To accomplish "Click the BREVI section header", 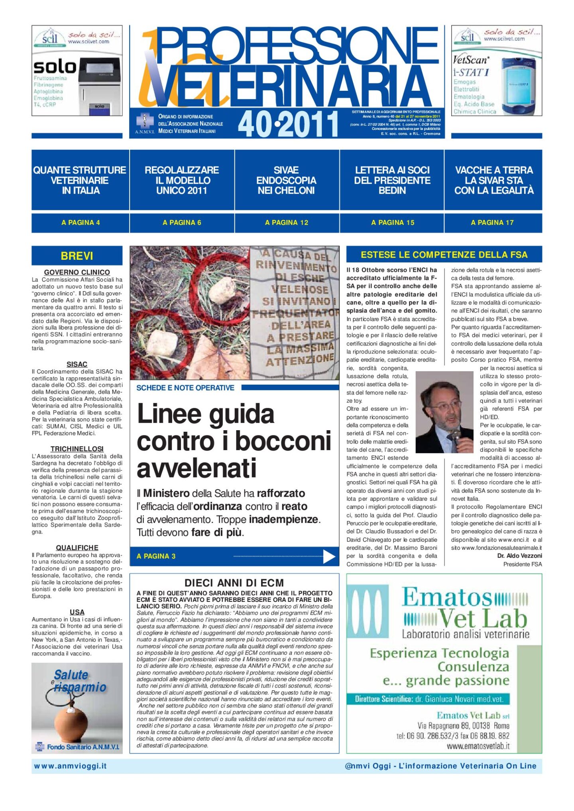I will coord(77,256).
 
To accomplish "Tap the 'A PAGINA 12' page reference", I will coord(287,223).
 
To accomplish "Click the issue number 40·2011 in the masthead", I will coord(288,124).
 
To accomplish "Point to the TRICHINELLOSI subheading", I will coord(77,449).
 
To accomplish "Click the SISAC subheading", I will coord(77,364).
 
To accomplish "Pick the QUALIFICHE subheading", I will coord(77,548).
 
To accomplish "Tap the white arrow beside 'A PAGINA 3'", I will coord(329,556).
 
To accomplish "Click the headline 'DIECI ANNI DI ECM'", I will coord(234,583).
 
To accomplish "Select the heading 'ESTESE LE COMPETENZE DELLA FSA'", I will coord(444,255).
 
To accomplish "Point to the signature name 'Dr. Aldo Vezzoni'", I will coord(519,556).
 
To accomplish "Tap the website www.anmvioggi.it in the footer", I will coord(70,766).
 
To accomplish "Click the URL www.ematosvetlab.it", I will coord(478,746).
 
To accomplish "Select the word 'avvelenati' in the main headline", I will coord(197,468).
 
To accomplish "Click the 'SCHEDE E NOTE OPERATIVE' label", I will coord(185,388).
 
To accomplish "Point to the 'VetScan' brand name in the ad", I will coord(471,60).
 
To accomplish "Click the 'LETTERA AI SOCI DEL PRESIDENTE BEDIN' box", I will coord(392,180).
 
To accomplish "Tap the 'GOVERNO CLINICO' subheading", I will coord(77,272).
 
